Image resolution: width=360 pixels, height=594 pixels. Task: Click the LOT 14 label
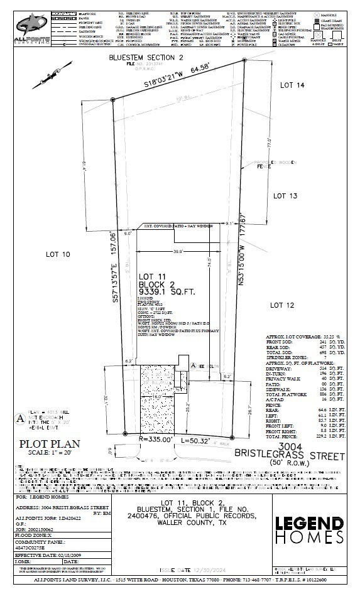click(292, 85)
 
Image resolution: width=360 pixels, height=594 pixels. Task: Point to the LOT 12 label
click(283, 305)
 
